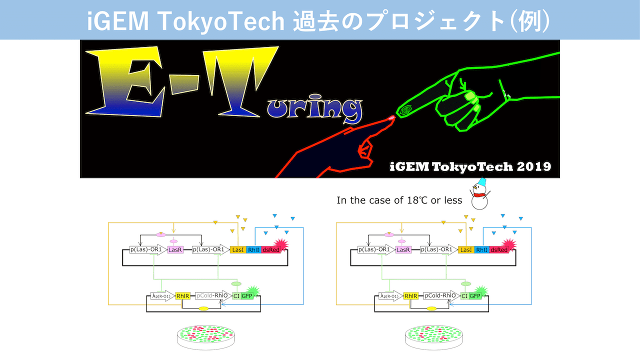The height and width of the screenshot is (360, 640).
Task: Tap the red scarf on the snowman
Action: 479,195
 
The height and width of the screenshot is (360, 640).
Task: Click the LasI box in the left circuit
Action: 238,249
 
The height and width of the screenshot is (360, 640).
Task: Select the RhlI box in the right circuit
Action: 481,249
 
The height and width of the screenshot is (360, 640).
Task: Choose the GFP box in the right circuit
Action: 475,296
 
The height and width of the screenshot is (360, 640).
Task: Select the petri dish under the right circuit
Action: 433,336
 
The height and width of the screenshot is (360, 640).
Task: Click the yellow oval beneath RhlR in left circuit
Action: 203,308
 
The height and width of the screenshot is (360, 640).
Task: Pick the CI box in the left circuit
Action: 236,296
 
